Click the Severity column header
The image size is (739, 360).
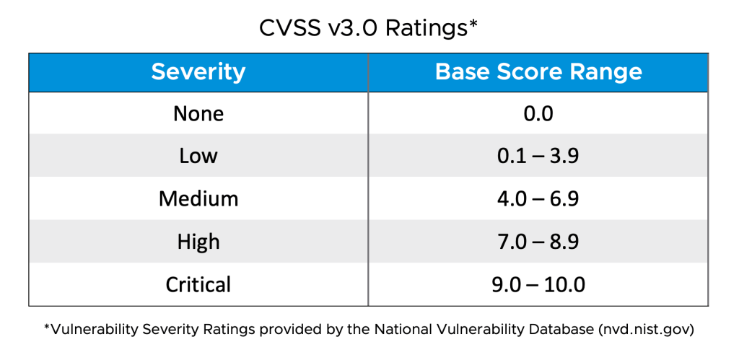(x=198, y=72)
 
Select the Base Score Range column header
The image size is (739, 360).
(x=538, y=72)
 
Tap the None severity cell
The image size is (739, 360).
(x=198, y=114)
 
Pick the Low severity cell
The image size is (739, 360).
(x=198, y=156)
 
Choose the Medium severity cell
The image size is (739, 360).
(x=198, y=198)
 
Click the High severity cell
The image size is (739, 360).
(x=198, y=241)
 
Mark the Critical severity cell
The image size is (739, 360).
(x=198, y=284)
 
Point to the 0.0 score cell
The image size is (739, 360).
(x=538, y=114)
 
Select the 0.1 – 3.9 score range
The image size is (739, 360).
(x=538, y=156)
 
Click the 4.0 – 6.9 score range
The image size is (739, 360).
(x=538, y=198)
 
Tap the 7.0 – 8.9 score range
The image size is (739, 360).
(x=538, y=241)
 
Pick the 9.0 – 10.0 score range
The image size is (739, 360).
(x=538, y=284)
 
